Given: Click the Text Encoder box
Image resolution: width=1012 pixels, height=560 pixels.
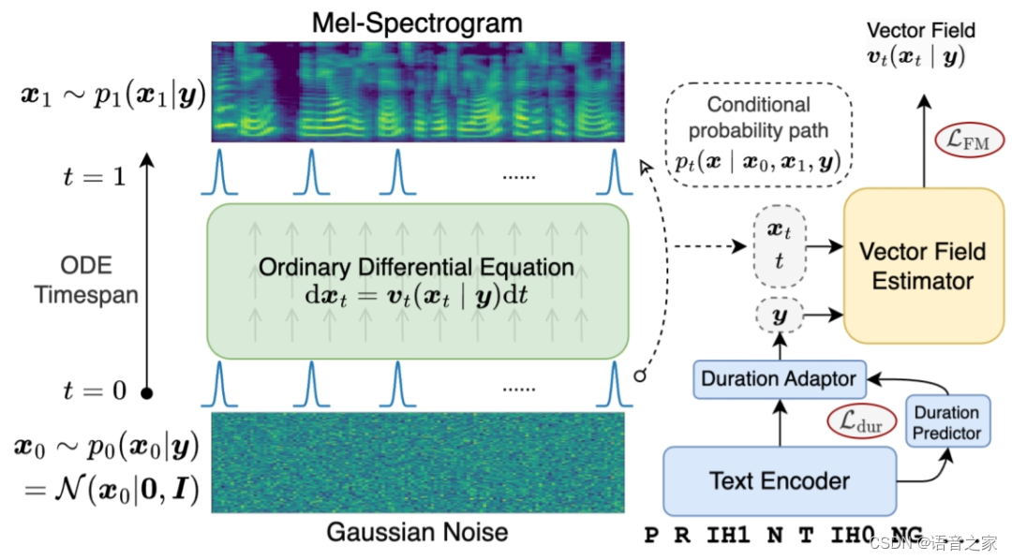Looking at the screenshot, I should [780, 481].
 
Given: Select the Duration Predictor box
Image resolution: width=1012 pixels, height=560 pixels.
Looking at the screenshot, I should [946, 422].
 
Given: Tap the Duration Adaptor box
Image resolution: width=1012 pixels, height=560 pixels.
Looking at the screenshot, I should [779, 379].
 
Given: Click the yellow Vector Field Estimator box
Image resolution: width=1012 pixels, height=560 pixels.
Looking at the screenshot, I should [923, 265].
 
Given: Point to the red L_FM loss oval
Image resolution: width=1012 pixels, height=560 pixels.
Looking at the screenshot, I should [970, 141].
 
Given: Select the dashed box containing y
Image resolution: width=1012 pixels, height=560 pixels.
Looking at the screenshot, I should [778, 317].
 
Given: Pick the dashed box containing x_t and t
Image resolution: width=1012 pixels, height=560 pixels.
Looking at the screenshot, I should [778, 246].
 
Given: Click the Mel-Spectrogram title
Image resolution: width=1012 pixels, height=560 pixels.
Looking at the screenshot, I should [417, 22].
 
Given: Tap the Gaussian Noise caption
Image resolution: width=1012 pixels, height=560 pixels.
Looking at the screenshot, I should [417, 533].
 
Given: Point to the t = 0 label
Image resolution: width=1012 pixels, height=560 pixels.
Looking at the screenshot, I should [93, 390].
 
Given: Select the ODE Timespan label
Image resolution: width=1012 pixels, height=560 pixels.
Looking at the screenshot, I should [86, 279].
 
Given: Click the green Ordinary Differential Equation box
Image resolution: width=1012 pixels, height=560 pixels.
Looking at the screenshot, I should [417, 280].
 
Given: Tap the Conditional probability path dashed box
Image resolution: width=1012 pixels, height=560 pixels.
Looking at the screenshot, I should [759, 134].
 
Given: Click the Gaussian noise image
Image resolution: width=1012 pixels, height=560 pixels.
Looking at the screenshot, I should [417, 463].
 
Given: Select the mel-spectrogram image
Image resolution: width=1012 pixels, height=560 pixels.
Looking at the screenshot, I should [417, 92].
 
